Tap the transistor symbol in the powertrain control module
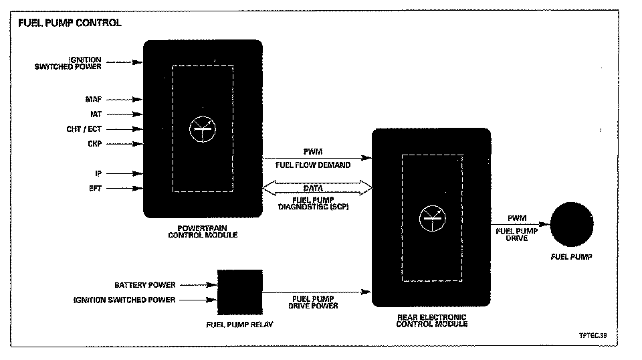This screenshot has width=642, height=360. [203, 129]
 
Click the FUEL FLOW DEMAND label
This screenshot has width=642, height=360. [312, 165]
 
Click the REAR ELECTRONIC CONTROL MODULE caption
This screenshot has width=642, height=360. [431, 321]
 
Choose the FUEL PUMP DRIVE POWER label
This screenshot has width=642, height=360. [313, 302]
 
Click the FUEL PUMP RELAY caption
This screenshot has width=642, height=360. [240, 325]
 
